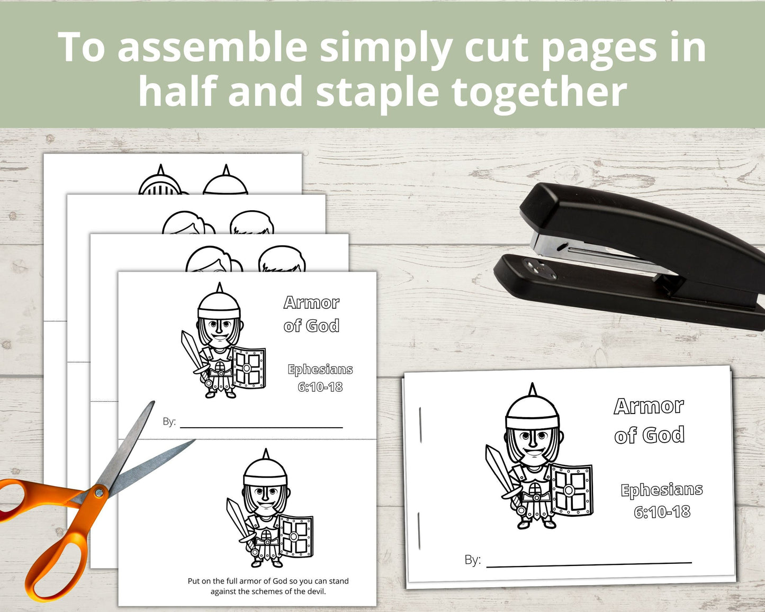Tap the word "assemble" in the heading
[x=212, y=47]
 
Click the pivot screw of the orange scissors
[x=99, y=492]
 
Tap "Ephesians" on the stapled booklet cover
[x=662, y=490]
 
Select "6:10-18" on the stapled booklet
[x=662, y=512]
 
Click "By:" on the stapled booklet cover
[x=472, y=560]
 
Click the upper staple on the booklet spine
[x=420, y=425]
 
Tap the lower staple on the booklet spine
[x=419, y=531]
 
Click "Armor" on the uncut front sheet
[x=311, y=303]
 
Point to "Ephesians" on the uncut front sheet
[x=320, y=370]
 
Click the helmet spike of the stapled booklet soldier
[x=532, y=390]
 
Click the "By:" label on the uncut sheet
[x=169, y=421]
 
